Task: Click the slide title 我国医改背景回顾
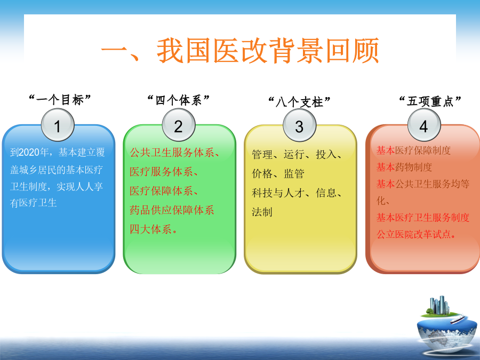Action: tap(268, 51)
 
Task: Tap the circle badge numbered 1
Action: tap(58, 125)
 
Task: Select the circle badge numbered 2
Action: tap(179, 125)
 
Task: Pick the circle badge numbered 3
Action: tap(299, 125)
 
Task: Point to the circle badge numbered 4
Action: tap(424, 125)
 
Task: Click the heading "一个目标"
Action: tap(60, 100)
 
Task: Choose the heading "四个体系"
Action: tap(179, 100)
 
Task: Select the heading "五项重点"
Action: tap(430, 101)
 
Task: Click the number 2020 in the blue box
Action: tap(29, 152)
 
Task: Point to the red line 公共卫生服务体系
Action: tap(172, 152)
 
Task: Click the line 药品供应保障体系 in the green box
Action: tap(172, 210)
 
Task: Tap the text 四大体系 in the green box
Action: tap(150, 229)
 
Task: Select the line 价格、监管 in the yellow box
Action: tap(278, 173)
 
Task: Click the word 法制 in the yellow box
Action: tap(262, 212)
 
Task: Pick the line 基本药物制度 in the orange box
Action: tap(404, 167)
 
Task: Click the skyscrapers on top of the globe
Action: tap(439, 305)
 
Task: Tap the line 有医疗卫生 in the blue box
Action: tap(34, 203)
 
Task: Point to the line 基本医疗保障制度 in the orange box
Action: tap(413, 150)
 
